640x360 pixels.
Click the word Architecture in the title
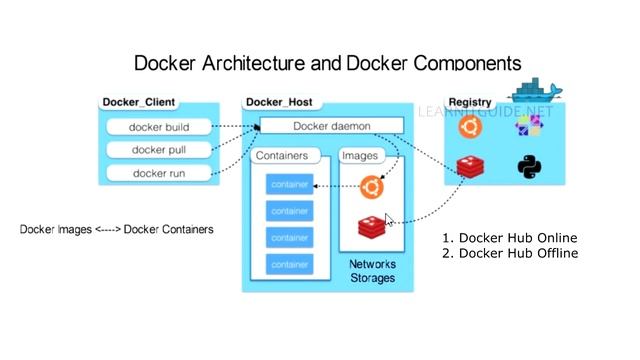click(241, 63)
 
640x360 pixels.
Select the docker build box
click(160, 127)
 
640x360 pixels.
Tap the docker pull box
click(160, 150)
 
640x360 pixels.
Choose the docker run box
click(160, 173)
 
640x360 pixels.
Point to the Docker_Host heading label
click(279, 102)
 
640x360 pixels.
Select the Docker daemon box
click(331, 126)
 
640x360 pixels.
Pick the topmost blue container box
click(289, 184)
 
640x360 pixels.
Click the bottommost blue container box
click(289, 265)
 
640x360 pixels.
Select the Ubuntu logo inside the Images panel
click(371, 186)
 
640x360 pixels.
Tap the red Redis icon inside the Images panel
click(371, 227)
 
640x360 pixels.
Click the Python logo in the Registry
click(529, 166)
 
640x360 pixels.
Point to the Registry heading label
click(469, 102)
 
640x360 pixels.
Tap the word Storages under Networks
click(371, 278)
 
